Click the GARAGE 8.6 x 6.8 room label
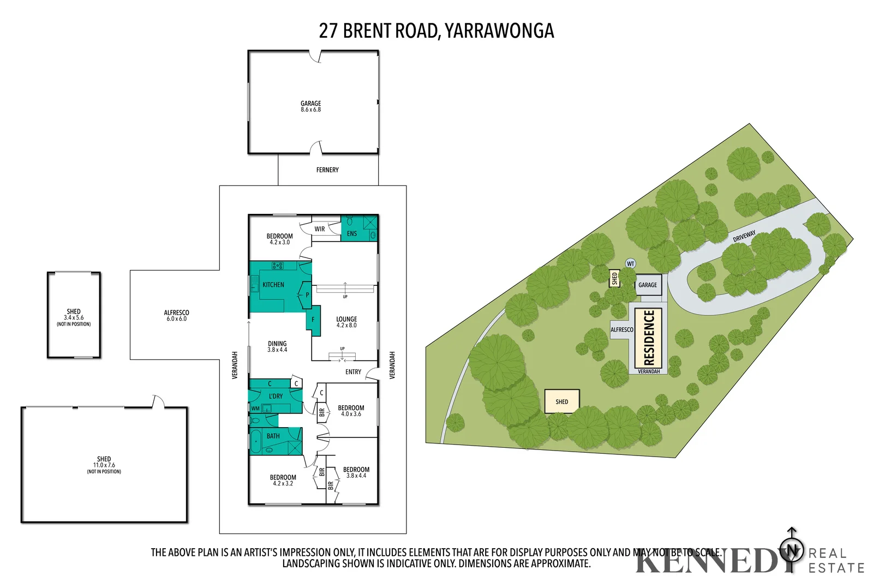[x=310, y=106]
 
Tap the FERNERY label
[x=327, y=170]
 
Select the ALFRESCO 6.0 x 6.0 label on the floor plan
[x=176, y=316]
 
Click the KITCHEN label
[x=273, y=285]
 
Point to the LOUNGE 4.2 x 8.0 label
[x=346, y=322]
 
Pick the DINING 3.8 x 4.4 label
[x=277, y=346]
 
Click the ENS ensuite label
[x=352, y=234]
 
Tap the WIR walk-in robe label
[x=320, y=229]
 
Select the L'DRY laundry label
[x=276, y=396]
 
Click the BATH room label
[x=273, y=436]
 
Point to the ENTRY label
[x=353, y=372]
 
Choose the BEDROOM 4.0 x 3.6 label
[x=351, y=411]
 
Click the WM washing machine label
[x=255, y=409]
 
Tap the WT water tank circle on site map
[x=631, y=264]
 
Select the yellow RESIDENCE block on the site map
[x=649, y=338]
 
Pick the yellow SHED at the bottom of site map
[x=562, y=402]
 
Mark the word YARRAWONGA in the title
[x=499, y=31]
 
